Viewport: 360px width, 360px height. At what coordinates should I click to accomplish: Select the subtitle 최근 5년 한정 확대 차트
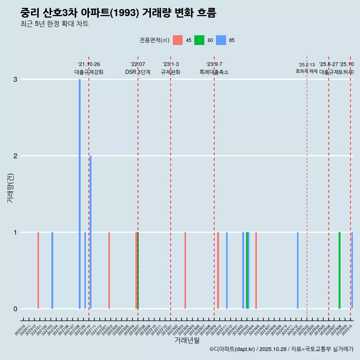tap(54, 24)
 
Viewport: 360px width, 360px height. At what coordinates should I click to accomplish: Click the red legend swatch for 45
tap(178, 40)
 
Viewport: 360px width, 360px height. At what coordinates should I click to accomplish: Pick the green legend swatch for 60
tap(199, 40)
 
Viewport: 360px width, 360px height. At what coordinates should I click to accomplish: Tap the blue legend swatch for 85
tap(221, 40)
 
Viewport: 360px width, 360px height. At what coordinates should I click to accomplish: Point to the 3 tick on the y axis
tap(15, 79)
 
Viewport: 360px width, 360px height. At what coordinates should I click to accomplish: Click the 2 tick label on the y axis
tap(15, 156)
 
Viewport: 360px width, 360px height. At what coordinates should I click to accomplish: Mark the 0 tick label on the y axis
tap(15, 309)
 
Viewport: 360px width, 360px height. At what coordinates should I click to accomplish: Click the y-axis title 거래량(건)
tap(10, 188)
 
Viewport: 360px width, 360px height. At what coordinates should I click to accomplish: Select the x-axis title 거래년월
tap(187, 340)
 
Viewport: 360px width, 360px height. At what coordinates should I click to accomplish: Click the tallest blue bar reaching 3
tap(79, 193)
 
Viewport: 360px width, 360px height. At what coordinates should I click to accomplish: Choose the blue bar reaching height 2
tap(90, 232)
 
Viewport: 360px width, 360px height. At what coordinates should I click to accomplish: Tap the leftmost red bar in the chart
tap(38, 270)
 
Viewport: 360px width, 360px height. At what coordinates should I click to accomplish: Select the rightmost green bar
tap(339, 270)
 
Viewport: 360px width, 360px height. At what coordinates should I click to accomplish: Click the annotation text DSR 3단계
tap(138, 72)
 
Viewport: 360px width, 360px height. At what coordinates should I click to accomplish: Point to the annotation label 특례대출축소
tap(214, 72)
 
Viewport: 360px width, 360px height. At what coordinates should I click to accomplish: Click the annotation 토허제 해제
tap(307, 71)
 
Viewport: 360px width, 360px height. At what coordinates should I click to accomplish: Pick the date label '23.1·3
tap(171, 64)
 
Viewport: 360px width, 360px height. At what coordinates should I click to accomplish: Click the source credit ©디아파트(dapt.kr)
tap(232, 349)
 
